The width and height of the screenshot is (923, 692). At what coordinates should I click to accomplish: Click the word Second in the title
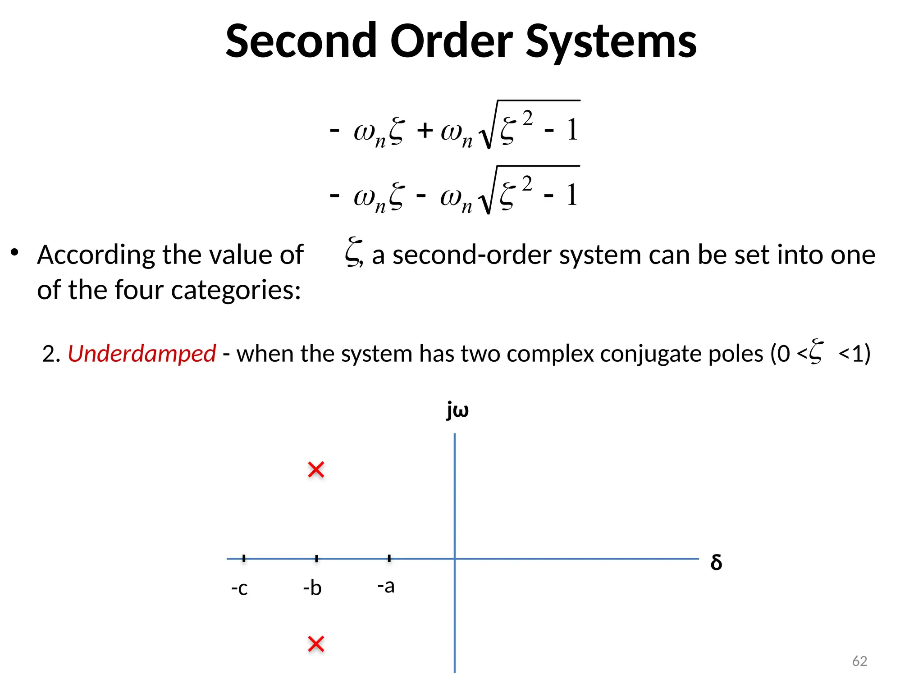(301, 41)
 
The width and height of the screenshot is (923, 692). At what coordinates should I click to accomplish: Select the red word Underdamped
(142, 354)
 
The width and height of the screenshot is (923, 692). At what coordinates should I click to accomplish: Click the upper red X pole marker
(316, 469)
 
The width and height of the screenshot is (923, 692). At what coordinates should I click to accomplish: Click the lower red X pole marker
(316, 644)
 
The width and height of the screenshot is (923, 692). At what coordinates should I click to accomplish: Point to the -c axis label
(239, 588)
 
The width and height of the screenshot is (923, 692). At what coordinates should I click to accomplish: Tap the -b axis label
(312, 587)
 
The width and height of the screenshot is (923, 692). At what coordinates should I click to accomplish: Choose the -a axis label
(386, 586)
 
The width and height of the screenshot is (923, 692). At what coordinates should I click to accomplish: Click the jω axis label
(457, 410)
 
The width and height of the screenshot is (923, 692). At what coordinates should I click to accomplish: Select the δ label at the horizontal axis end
(716, 562)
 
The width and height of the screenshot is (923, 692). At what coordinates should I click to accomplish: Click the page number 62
(859, 661)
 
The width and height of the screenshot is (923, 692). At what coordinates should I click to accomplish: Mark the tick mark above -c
(244, 558)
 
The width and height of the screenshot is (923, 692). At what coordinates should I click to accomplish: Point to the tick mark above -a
(389, 558)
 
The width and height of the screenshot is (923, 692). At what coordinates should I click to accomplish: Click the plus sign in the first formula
(425, 131)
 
